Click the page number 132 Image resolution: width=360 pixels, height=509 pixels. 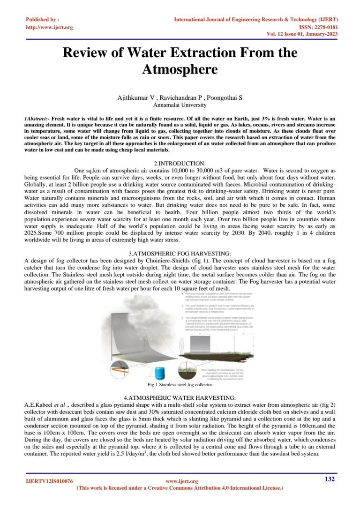pos(330,479)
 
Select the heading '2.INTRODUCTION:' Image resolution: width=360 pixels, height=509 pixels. pos(180,164)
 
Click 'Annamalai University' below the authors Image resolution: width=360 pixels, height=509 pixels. pos(180,105)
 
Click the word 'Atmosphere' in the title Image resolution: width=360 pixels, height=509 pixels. pos(180,69)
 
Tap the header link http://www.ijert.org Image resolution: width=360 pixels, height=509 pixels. pos(49,27)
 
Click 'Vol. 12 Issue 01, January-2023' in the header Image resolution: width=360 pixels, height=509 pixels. pos(302,34)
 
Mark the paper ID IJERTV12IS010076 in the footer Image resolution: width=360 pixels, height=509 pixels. pos(49,481)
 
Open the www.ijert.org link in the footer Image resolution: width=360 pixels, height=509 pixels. pos(182,481)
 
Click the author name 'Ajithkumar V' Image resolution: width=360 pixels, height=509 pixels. pos(135,98)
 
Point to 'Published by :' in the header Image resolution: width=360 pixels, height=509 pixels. pos(42,20)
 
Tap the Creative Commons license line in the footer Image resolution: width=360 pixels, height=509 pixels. pos(180,488)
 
